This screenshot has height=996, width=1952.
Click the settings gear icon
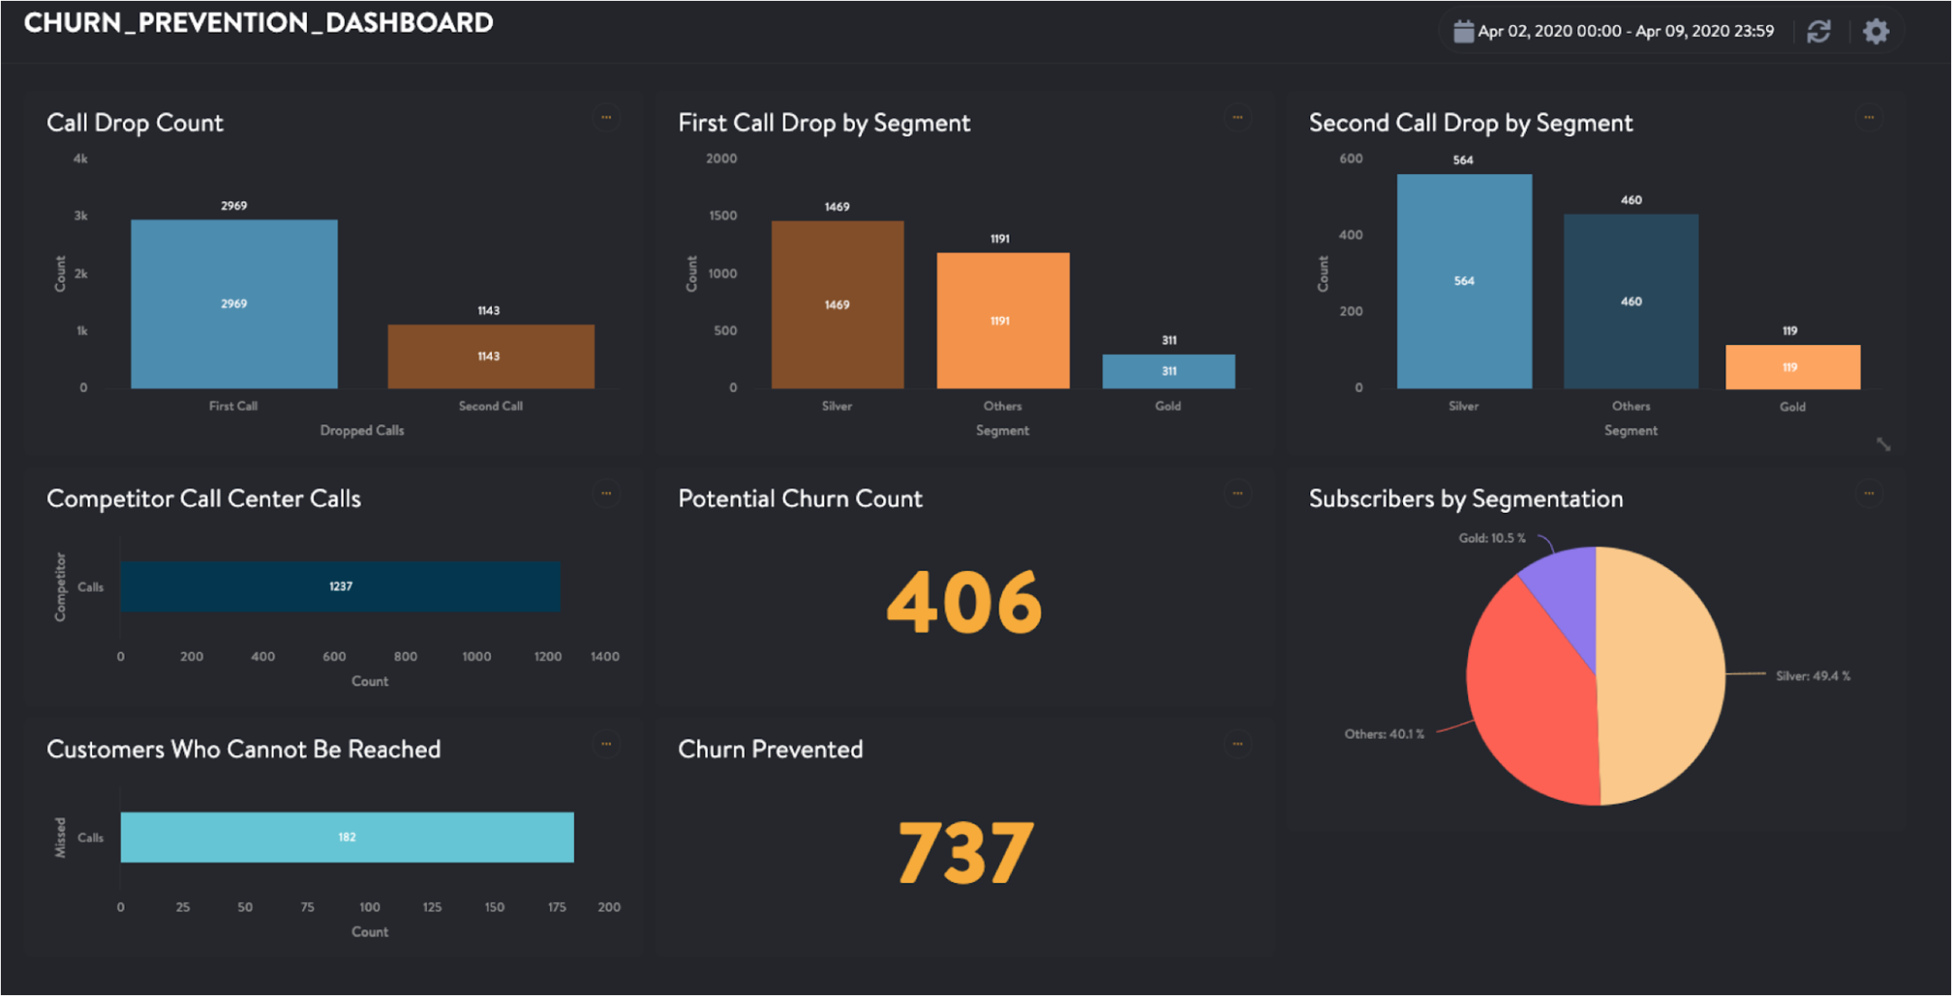click(x=1876, y=32)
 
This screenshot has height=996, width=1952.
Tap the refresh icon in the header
click(x=1818, y=32)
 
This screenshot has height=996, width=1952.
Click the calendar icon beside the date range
click(x=1462, y=32)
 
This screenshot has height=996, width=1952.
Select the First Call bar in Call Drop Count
click(x=234, y=304)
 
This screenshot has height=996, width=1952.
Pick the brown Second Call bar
click(x=491, y=357)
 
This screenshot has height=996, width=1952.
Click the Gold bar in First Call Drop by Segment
click(x=1169, y=371)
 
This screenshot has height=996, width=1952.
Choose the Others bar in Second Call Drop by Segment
click(x=1631, y=301)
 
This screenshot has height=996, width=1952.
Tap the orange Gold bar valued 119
click(x=1792, y=367)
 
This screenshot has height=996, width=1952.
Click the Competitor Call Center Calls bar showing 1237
click(x=340, y=587)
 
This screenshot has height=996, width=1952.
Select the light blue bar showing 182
click(x=347, y=837)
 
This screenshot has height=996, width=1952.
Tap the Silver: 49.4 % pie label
click(x=1813, y=676)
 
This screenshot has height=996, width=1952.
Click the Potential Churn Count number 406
click(x=964, y=603)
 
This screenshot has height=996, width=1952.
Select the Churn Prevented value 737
click(x=965, y=853)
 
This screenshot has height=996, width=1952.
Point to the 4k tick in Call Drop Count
click(x=80, y=159)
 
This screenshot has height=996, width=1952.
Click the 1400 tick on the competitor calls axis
click(x=604, y=657)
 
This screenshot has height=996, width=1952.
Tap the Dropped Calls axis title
click(x=362, y=430)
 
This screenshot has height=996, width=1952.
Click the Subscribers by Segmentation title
click(x=1466, y=499)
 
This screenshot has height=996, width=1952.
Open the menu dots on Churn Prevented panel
click(x=1237, y=744)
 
